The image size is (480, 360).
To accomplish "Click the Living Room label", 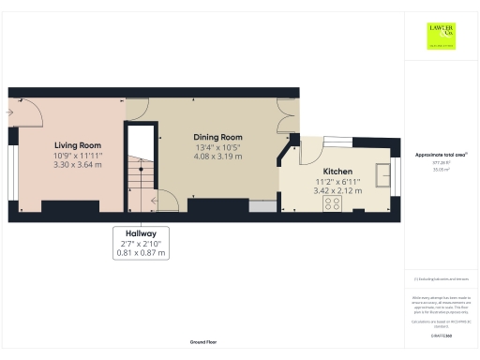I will [78, 145].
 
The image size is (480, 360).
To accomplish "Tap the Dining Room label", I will [217, 137].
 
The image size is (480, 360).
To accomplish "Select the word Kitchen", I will [337, 172].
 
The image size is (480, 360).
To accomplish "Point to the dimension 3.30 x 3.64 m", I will [78, 165].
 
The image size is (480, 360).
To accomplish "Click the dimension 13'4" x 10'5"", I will [217, 147].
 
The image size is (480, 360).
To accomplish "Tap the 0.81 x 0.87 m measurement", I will [141, 252].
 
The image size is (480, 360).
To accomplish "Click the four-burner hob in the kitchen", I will [332, 202].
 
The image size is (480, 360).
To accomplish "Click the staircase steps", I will [140, 173].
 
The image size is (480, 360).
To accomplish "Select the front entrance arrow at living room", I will [9, 112].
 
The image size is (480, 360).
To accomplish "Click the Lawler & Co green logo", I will [442, 36].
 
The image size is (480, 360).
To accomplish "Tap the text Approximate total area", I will [441, 154].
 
